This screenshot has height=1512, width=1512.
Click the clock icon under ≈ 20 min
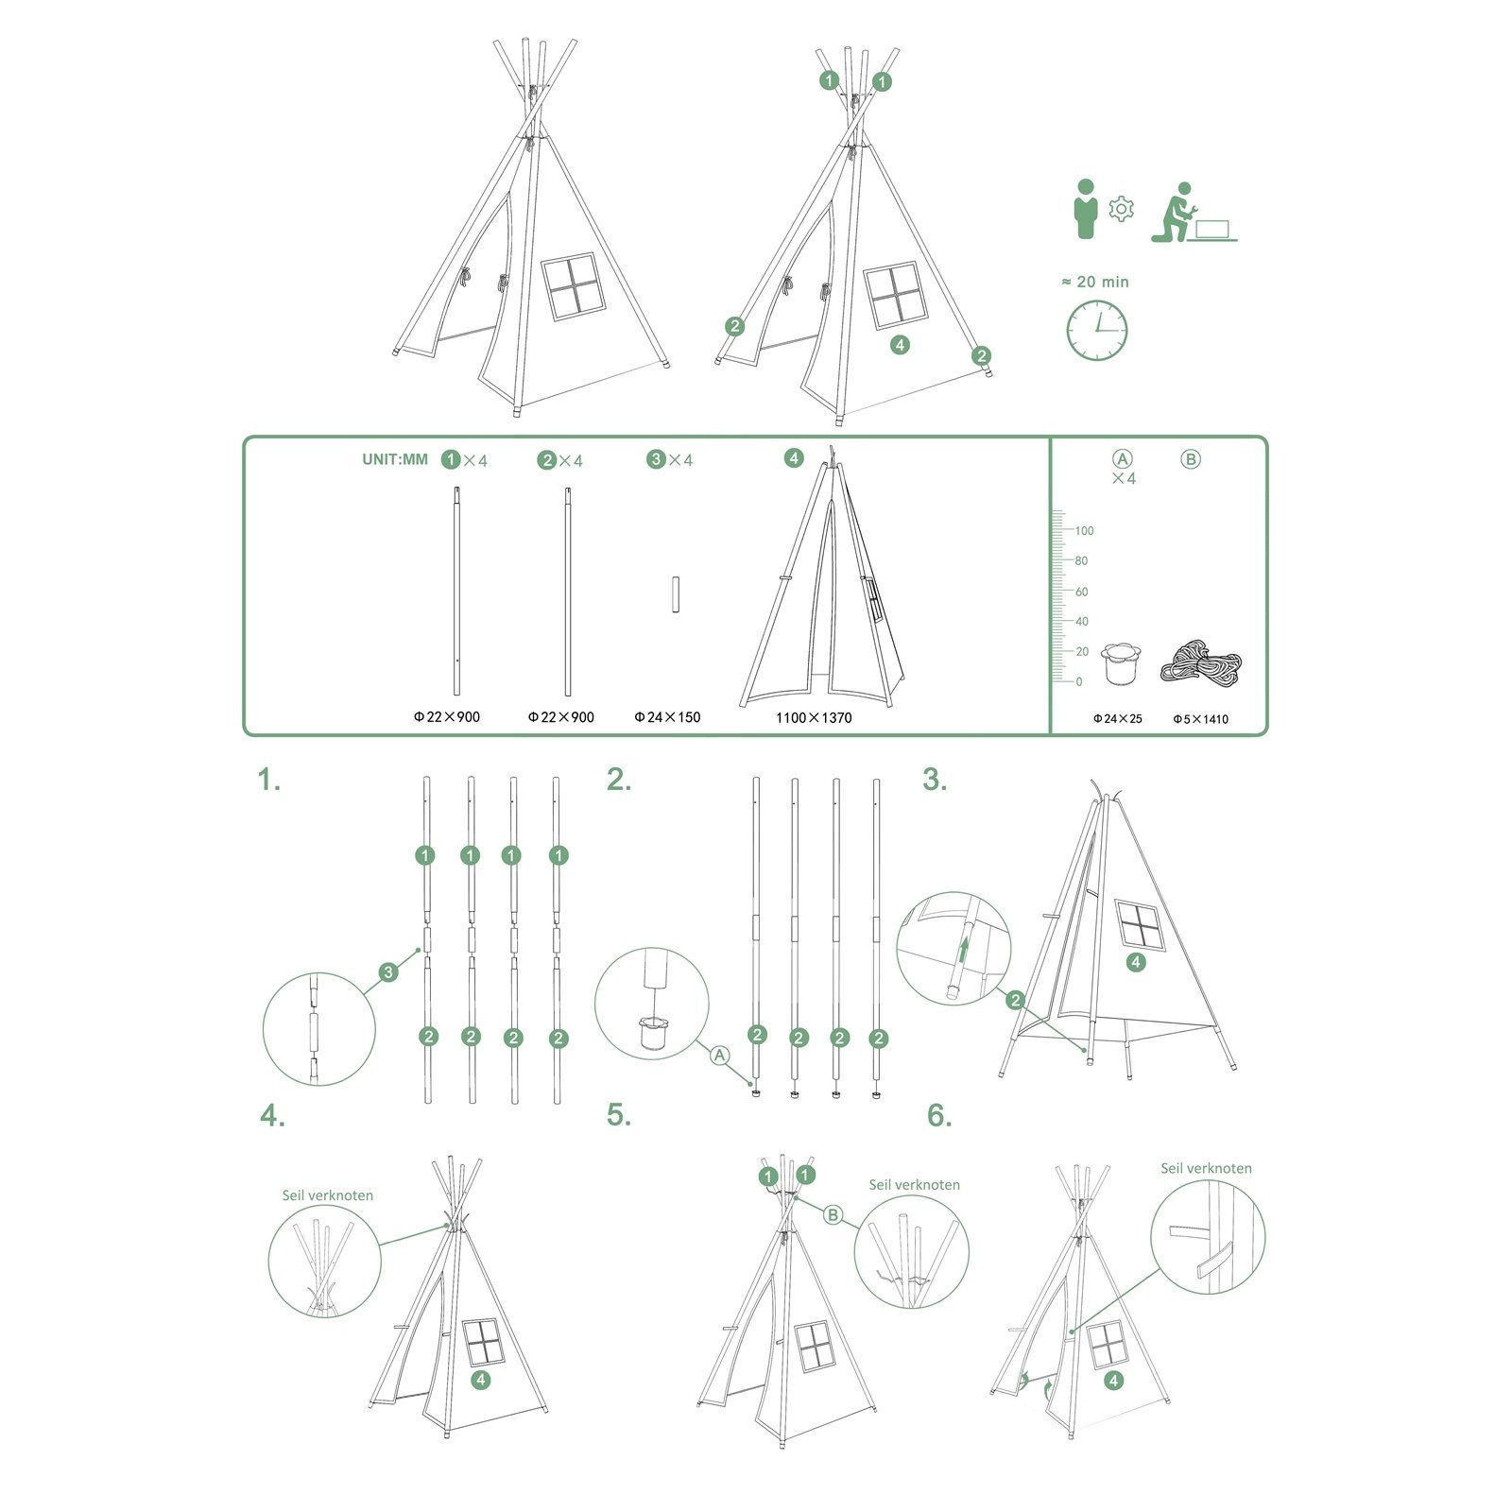[1097, 331]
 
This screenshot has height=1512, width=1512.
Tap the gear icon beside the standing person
[1121, 209]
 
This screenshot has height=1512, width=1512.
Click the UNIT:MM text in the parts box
[395, 459]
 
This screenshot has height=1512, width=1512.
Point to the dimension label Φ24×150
[667, 717]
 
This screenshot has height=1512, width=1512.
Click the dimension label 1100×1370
[814, 717]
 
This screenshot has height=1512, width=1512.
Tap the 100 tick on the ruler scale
[1084, 530]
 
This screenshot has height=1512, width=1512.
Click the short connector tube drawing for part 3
[676, 593]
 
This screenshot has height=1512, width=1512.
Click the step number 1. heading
[269, 781]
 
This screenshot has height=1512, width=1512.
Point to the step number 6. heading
[939, 1116]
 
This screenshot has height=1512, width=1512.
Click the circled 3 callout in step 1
[387, 971]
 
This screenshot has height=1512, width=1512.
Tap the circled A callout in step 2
[720, 1055]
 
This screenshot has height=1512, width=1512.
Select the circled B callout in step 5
[833, 1214]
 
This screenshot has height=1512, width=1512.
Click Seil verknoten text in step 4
[327, 1195]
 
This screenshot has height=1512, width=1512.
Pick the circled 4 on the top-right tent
[900, 345]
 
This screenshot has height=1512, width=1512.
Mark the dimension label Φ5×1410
[1200, 719]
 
